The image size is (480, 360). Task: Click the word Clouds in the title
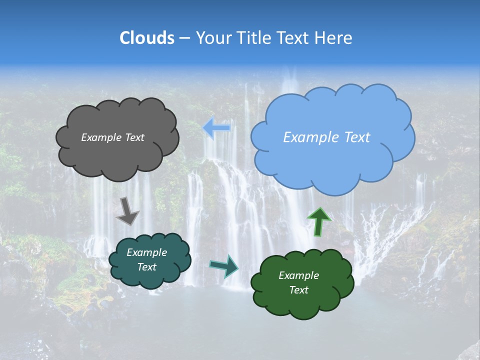coord(147,38)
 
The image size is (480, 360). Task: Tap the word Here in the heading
coord(333,38)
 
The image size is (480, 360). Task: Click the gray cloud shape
coord(117,155)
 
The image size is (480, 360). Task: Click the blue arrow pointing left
coord(217,128)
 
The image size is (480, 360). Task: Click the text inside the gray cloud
coord(112,137)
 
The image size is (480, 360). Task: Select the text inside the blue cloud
coord(326,137)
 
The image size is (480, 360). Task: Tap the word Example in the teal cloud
coord(146,252)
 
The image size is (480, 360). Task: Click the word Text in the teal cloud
coord(146,267)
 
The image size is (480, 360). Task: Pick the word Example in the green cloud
coord(298,275)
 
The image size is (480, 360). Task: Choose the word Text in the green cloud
coord(298,290)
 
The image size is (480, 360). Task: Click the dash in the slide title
coord(184,38)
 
